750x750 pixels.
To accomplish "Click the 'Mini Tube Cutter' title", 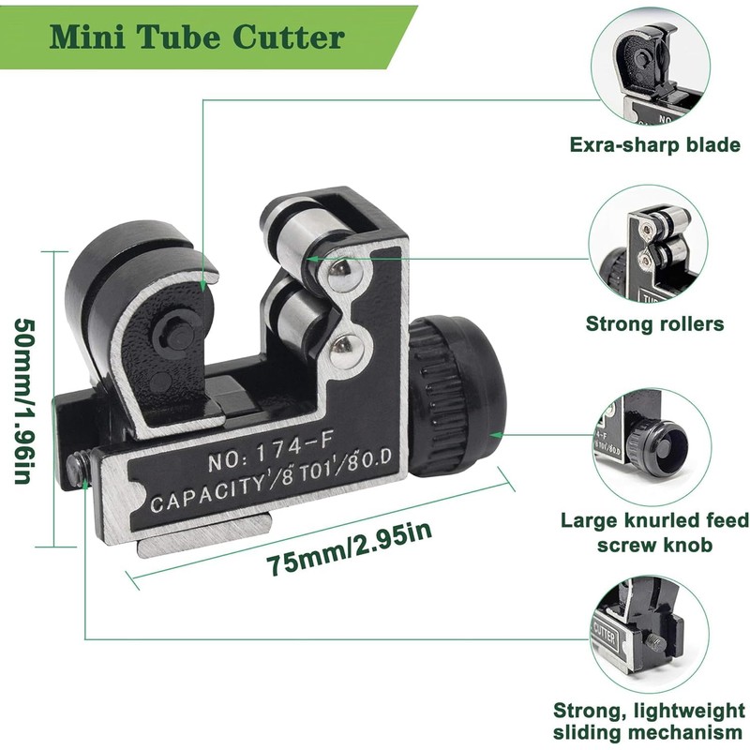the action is click(198, 37).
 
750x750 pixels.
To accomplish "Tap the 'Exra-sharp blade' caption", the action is click(654, 145).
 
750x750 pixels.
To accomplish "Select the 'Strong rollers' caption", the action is click(654, 324).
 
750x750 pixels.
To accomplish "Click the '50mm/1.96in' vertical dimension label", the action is click(25, 398).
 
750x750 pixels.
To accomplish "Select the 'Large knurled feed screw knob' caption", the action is click(654, 532).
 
